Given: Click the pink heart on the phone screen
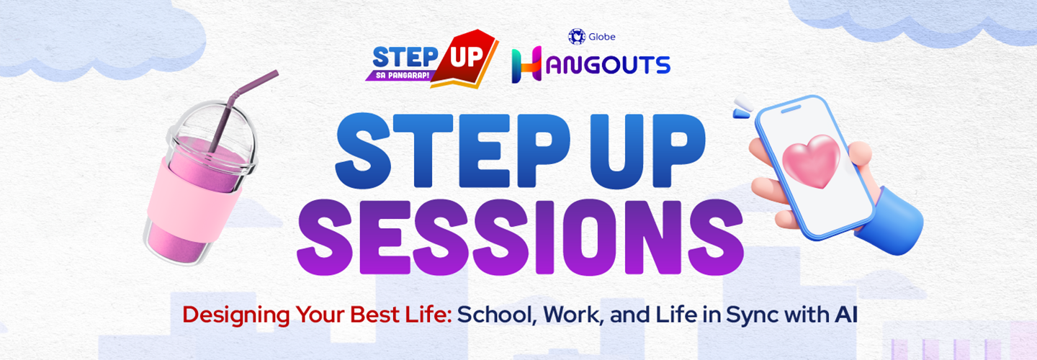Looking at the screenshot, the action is point(811,161).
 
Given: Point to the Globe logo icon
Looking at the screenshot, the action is point(577,37).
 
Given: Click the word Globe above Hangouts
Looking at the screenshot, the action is point(602,37).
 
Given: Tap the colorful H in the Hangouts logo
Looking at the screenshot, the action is point(526,64).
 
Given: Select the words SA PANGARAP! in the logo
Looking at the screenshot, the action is point(402,75).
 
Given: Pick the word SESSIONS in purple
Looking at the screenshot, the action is point(520,238).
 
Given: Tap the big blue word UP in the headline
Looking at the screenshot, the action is point(649,150).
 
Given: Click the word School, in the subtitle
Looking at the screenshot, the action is point(495,315).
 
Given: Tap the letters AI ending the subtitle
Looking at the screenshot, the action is point(846,314).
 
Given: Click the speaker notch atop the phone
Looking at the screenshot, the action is point(791,109).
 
